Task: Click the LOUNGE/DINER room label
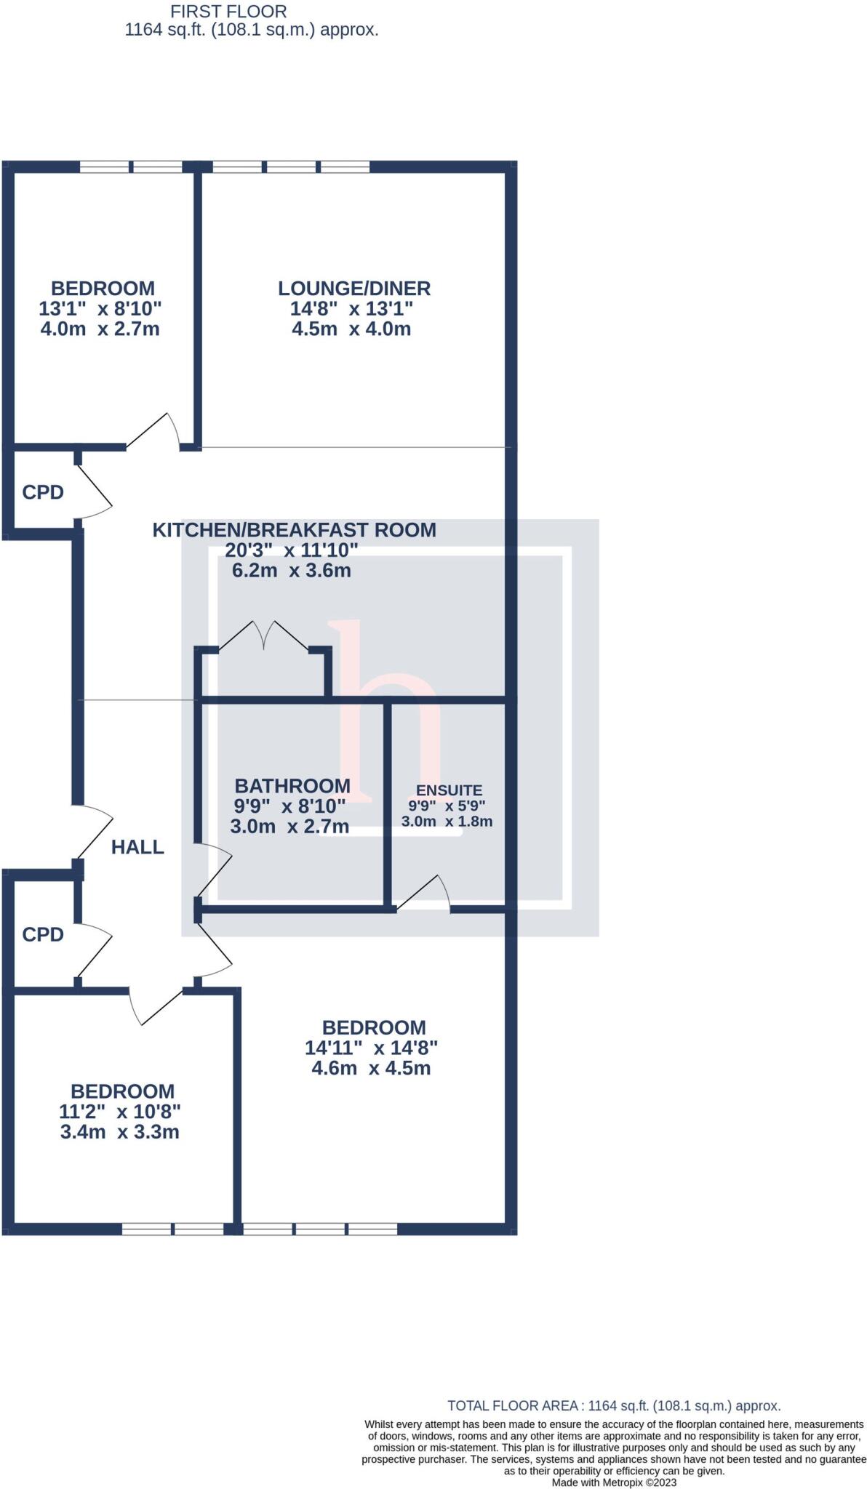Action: point(354,289)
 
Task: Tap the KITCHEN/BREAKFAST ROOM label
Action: point(294,530)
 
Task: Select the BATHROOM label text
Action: point(292,786)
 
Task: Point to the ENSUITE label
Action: point(449,790)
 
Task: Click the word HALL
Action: point(137,847)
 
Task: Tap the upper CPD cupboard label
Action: point(43,493)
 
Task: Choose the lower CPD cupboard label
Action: point(43,935)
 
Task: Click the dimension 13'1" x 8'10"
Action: point(100,308)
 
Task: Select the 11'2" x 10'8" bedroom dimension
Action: point(120,1112)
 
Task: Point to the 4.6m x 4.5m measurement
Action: point(371,1068)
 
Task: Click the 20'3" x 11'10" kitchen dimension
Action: point(292,550)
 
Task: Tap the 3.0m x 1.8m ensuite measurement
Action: point(447,822)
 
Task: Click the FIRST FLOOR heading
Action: point(228,12)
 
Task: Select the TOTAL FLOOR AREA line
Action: point(614,1406)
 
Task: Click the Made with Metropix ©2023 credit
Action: point(614,1482)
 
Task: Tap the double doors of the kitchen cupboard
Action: point(264,636)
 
